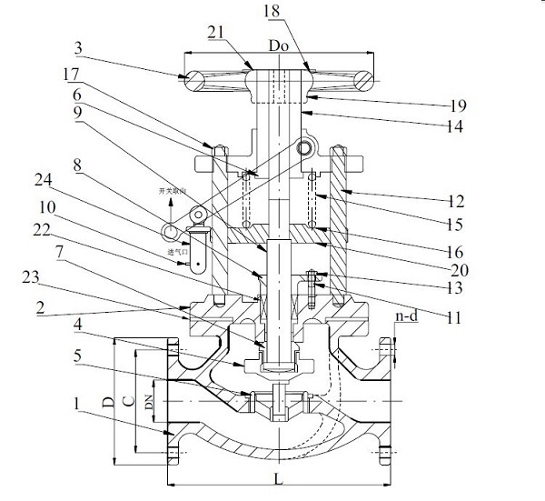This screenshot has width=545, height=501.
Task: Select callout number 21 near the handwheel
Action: click(219, 32)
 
